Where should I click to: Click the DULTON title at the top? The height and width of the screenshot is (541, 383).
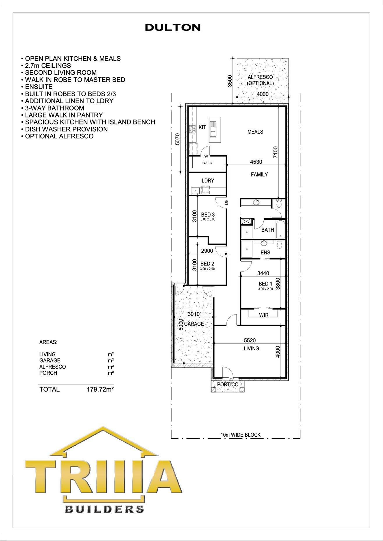coord(173,28)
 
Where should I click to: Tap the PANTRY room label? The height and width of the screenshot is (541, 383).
coord(207,163)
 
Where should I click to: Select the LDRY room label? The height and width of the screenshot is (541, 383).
coord(208,181)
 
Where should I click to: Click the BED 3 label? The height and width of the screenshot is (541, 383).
coord(208,215)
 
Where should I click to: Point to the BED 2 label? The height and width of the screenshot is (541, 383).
coord(207,264)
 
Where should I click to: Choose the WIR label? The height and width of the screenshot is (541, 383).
coord(264,315)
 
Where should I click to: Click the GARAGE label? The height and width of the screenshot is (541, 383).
coord(194,324)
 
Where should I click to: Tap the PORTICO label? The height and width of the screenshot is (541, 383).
coord(228,384)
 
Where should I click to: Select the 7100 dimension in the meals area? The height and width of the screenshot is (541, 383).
coord(276,152)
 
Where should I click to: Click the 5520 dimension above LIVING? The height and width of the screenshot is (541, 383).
coord(250,340)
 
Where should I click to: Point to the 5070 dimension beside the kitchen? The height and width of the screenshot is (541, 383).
coord(178,139)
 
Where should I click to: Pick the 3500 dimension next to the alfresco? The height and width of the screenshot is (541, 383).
coord(230,81)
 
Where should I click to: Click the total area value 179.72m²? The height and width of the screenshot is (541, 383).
coord(100,389)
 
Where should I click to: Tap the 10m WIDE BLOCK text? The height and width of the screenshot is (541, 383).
coord(241,435)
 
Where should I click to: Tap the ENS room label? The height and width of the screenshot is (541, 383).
coord(265,253)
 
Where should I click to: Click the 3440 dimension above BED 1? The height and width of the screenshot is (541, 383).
coord(263,273)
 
